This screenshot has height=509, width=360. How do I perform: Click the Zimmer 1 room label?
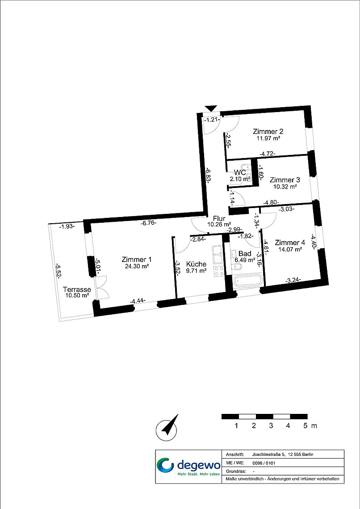(136, 260)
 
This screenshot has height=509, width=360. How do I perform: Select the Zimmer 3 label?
(285, 180)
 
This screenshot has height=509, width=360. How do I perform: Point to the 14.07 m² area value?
(290, 249)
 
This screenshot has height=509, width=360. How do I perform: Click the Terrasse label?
(77, 289)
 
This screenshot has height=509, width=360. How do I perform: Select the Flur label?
(219, 218)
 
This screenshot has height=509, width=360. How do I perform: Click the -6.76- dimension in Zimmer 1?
(149, 223)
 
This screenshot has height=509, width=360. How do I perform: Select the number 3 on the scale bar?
(271, 426)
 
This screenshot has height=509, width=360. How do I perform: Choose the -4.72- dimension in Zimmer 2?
(268, 154)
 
